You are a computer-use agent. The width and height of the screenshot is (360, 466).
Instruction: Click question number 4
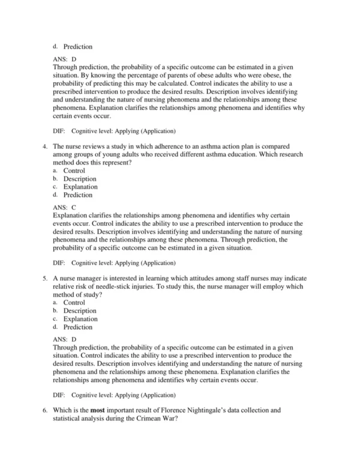point(44,146)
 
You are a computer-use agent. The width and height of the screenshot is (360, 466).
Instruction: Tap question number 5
point(44,279)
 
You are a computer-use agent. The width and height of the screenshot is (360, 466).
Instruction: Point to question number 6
point(44,411)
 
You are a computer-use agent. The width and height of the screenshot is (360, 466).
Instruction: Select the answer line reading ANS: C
point(65,207)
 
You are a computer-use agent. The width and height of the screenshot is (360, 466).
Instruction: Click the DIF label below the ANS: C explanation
point(59,262)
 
